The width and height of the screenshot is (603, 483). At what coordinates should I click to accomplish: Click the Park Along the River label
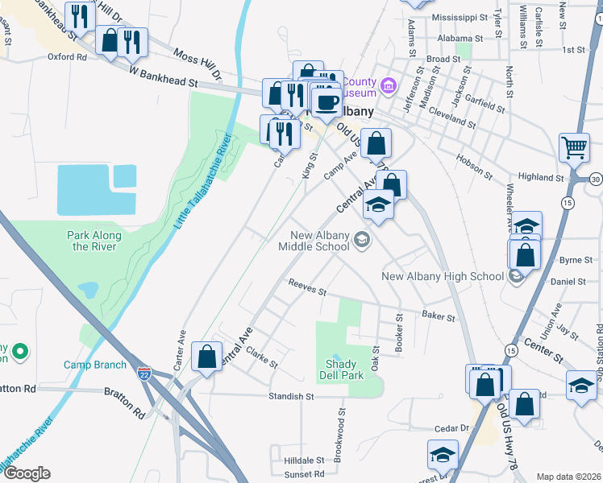pos(96,241)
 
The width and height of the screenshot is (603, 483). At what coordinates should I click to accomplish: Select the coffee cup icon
pos(326,102)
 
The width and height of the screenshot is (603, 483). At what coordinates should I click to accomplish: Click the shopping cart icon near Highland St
pos(574,147)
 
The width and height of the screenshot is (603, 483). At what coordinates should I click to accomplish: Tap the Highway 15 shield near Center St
pos(511,350)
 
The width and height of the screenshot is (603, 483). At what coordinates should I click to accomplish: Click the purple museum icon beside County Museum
pos(389,85)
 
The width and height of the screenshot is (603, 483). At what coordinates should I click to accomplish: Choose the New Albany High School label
pos(443,277)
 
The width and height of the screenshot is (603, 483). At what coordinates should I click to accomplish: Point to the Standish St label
pos(291,396)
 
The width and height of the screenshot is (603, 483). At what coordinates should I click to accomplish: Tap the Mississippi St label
pos(460,17)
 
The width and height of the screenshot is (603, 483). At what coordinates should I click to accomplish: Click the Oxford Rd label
pos(66,57)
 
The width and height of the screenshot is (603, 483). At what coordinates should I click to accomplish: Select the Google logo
pos(27,473)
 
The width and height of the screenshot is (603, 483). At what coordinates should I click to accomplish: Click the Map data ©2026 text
pos(568,477)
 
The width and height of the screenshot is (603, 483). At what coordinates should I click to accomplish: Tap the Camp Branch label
pos(95,365)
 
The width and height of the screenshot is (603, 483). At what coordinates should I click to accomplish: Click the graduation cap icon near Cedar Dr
pos(443,456)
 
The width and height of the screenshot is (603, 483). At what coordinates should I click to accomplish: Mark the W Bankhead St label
pos(164,76)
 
